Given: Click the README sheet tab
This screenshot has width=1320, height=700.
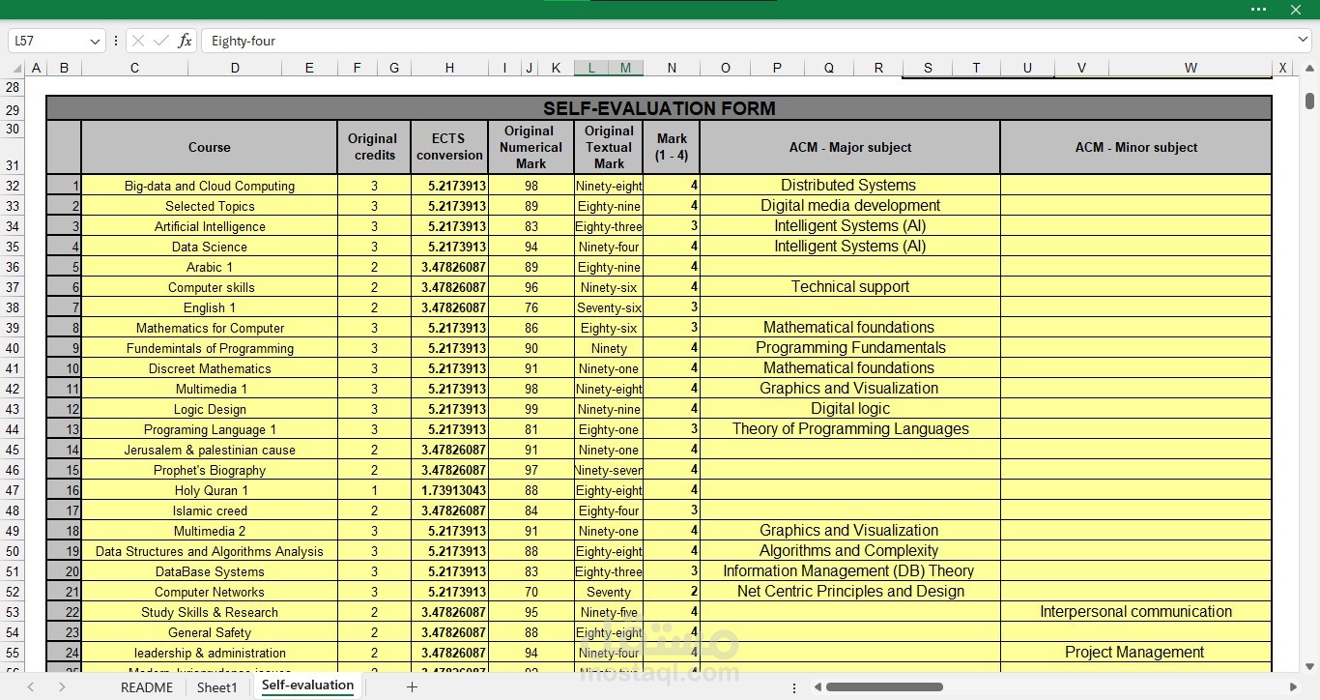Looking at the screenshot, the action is (147, 687).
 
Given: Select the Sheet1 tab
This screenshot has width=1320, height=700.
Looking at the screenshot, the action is (216, 687).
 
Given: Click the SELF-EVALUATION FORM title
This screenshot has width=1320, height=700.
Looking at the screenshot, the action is (659, 108).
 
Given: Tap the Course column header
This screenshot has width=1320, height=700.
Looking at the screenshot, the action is (210, 147).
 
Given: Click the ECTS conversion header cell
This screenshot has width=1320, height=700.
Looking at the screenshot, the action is (449, 147).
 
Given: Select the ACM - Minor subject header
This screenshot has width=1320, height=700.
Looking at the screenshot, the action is (1135, 147).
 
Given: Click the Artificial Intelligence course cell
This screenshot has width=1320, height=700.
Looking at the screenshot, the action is (210, 226).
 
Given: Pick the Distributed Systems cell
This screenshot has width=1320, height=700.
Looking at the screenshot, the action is (848, 186).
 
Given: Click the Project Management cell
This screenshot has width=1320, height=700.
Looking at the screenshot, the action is (1134, 653).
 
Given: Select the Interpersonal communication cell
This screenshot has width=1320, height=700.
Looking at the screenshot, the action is (1135, 612).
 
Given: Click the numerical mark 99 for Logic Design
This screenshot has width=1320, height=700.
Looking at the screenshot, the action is (531, 409).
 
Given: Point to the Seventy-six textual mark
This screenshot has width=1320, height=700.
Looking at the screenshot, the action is (609, 307).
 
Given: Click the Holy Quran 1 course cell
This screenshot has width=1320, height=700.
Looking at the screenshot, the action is (211, 490).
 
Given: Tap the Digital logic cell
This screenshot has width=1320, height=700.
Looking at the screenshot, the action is (849, 409).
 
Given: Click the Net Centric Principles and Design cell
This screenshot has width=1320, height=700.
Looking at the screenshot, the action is (849, 592).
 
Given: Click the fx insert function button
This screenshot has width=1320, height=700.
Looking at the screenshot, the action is (185, 41).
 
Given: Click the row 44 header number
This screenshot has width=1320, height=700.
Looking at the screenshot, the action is (13, 429).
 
